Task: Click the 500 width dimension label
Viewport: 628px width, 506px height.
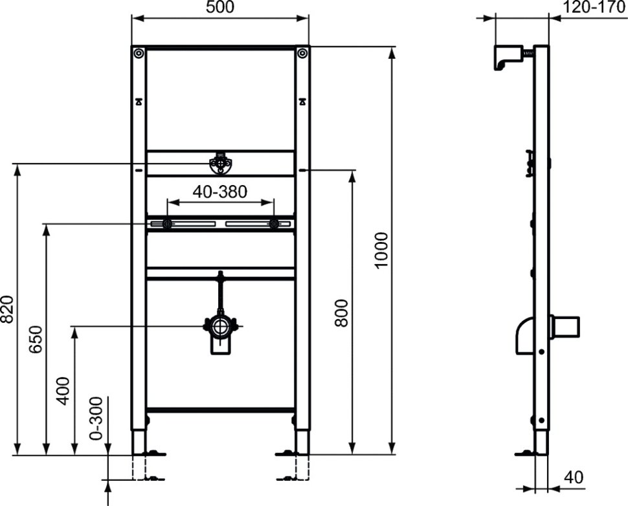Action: click(220, 7)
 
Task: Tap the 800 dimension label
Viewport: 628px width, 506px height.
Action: click(342, 313)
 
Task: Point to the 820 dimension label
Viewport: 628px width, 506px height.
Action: click(7, 309)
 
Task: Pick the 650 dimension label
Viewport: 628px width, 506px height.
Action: click(35, 340)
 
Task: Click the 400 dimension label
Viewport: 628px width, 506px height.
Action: click(63, 391)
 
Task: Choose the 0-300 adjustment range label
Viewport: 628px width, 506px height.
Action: click(96, 419)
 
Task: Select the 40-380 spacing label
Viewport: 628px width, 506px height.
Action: click(220, 192)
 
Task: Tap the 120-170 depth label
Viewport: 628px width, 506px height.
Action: click(594, 7)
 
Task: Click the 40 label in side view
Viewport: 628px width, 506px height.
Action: click(574, 477)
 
